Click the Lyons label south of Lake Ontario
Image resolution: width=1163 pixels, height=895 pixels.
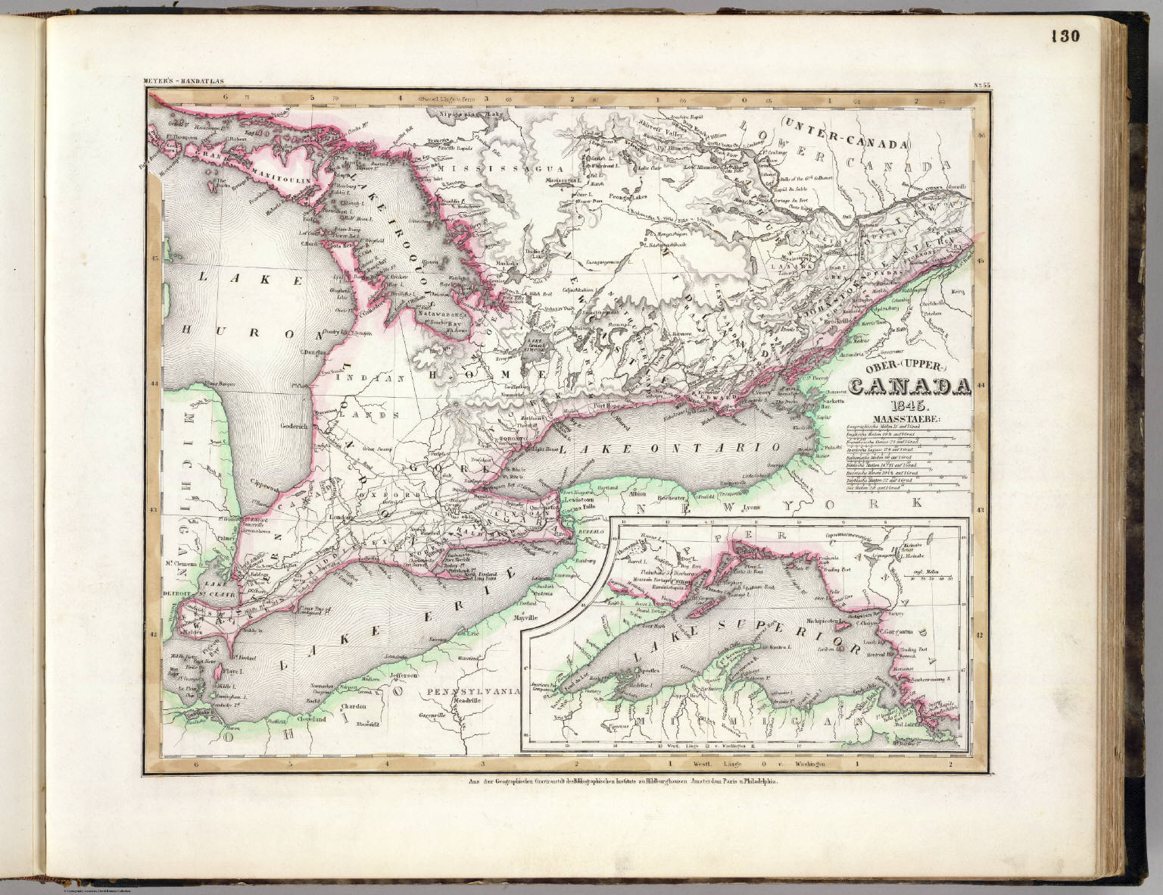coord(772,505)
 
